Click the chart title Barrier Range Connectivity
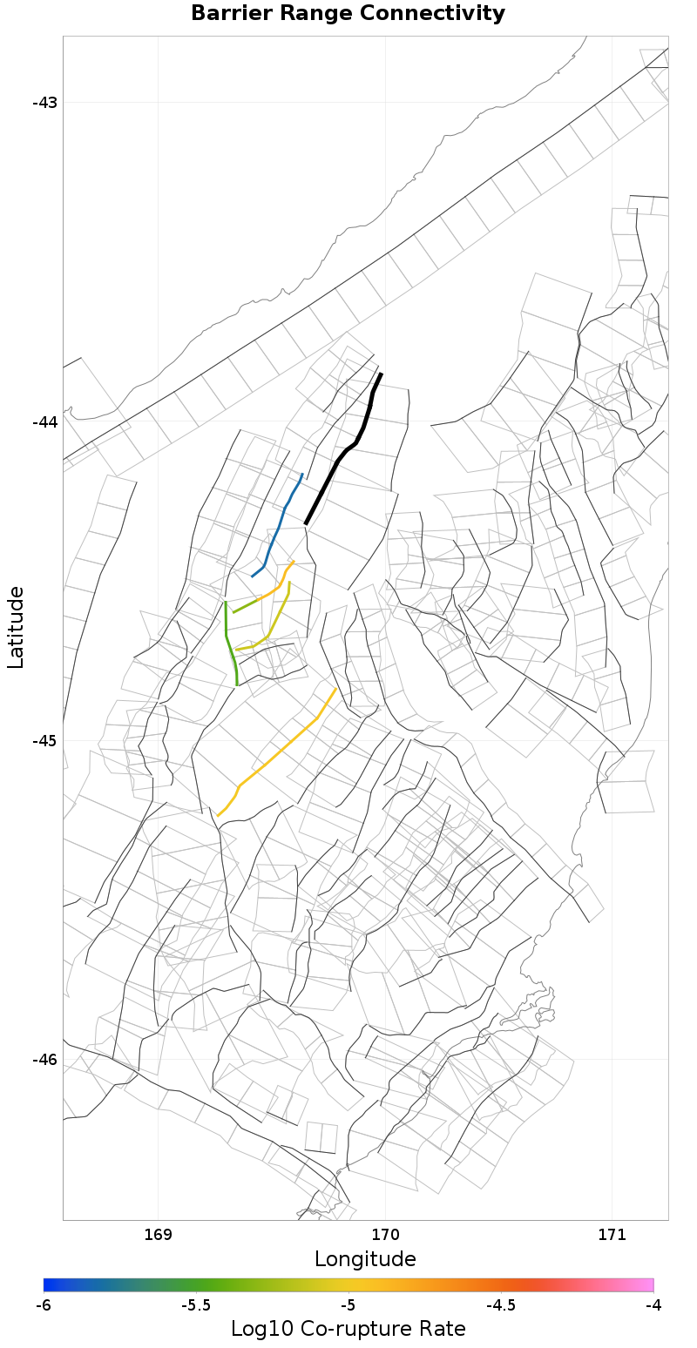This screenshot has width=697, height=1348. coord(348,14)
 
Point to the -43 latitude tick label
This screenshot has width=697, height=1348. coord(44,103)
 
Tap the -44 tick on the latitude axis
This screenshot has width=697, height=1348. coord(44,421)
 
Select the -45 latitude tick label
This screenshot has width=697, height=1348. coord(44,740)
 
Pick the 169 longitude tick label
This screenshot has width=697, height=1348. coord(158,1235)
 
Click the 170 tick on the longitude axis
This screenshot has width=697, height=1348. coord(385,1235)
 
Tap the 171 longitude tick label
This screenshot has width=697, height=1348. coord(612,1235)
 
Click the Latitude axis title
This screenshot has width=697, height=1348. coord(16,627)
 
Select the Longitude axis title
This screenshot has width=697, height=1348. coord(365,1259)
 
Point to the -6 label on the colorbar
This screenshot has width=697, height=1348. coord(44,1305)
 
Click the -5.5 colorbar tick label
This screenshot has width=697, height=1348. coord(195,1305)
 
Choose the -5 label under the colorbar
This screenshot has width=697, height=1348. coord(348,1305)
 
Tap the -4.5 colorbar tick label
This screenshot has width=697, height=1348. coord(500,1305)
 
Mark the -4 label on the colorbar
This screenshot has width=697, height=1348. coord(653,1305)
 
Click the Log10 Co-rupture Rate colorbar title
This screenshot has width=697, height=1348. coord(348,1329)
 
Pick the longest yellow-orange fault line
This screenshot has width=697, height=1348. coord(279,749)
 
